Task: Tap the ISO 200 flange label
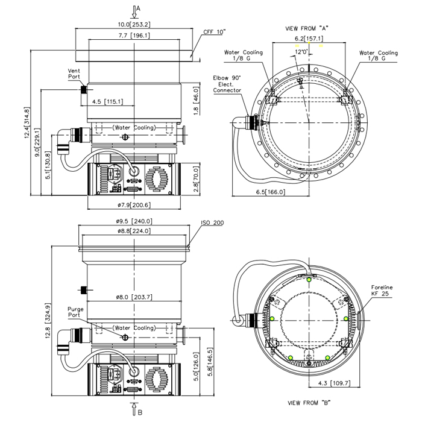pos(212,223)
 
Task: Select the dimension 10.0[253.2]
pos(133,25)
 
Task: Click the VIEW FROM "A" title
pos(306,28)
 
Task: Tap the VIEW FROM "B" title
pos(309,402)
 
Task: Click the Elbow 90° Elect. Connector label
pos(227,84)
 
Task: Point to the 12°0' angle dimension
pos(303,52)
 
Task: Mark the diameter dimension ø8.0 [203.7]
pos(133,297)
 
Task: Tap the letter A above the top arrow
pos(138,8)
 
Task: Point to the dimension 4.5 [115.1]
pos(108,101)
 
